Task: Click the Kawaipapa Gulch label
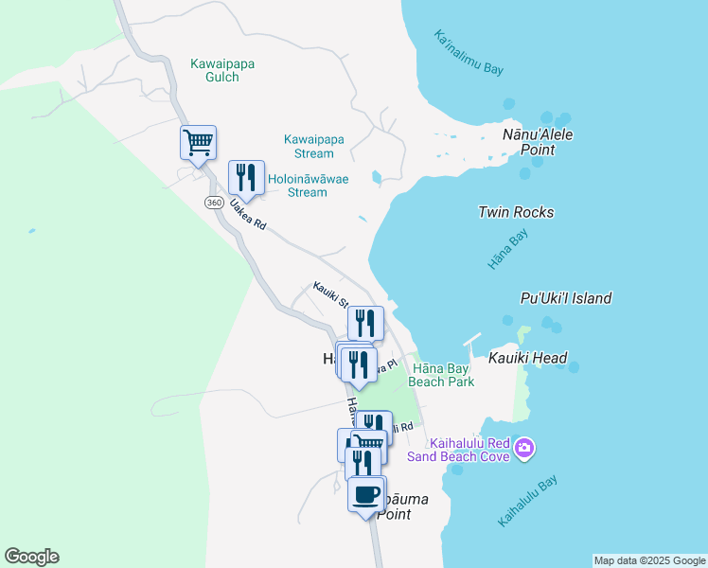tap(222, 71)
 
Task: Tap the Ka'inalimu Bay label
tap(469, 53)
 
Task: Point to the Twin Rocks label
tap(516, 212)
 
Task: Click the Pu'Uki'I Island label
tap(566, 298)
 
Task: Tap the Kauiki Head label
tap(527, 358)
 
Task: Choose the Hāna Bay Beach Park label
tap(441, 375)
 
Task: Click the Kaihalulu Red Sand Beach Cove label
tap(458, 450)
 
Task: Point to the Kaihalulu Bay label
tap(527, 501)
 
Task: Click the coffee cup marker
tap(366, 493)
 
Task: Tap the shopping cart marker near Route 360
tap(198, 143)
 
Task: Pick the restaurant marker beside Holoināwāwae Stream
tap(246, 177)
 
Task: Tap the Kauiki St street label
tap(330, 295)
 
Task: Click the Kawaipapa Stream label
tap(313, 146)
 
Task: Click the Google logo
tap(31, 557)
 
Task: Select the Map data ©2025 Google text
tap(649, 560)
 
